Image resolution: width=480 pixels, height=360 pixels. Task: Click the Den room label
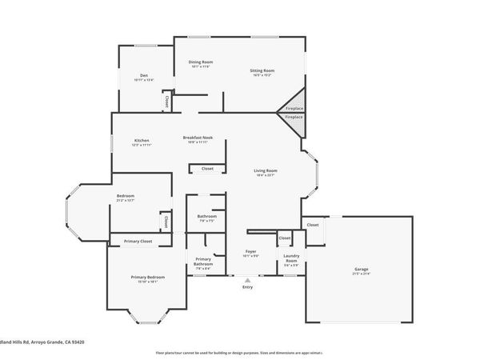144,75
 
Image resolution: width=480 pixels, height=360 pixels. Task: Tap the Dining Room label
200,62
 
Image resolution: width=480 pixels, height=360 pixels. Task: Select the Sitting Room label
263,70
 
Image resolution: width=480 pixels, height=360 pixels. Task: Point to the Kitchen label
141,142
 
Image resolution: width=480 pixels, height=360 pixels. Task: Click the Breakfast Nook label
197,137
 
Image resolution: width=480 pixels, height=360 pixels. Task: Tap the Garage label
362,270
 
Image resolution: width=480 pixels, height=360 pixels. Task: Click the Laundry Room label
291,259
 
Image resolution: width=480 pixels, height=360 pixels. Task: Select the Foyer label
250,252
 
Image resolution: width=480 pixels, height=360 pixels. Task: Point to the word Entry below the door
247,288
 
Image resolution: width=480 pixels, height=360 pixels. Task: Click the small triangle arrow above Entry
247,281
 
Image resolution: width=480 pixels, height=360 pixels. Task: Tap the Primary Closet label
138,241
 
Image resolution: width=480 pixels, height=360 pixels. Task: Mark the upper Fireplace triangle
294,107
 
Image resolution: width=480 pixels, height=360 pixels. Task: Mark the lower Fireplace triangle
294,118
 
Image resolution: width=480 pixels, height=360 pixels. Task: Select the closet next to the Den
166,102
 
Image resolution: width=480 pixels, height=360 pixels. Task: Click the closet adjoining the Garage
313,225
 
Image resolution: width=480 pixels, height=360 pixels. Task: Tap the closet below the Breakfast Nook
207,169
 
